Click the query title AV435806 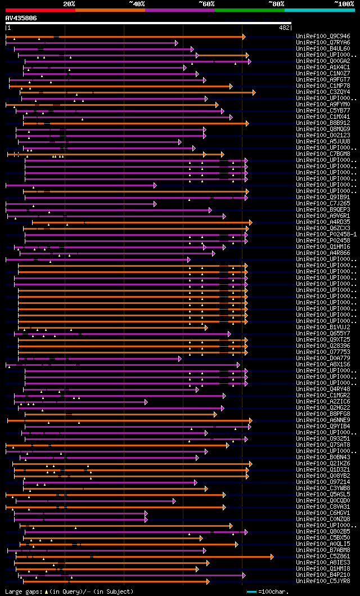pyautogui.click(x=21, y=18)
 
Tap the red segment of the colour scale pyautogui.click(x=40, y=10)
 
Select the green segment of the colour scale pyautogui.click(x=249, y=10)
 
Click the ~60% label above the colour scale pyautogui.click(x=206, y=4)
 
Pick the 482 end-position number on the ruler pyautogui.click(x=284, y=27)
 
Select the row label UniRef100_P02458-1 pyautogui.click(x=326, y=234)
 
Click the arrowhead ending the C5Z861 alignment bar pyautogui.click(x=272, y=557)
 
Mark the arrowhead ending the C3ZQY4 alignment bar pyautogui.click(x=254, y=92)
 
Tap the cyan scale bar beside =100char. pyautogui.click(x=251, y=591)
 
